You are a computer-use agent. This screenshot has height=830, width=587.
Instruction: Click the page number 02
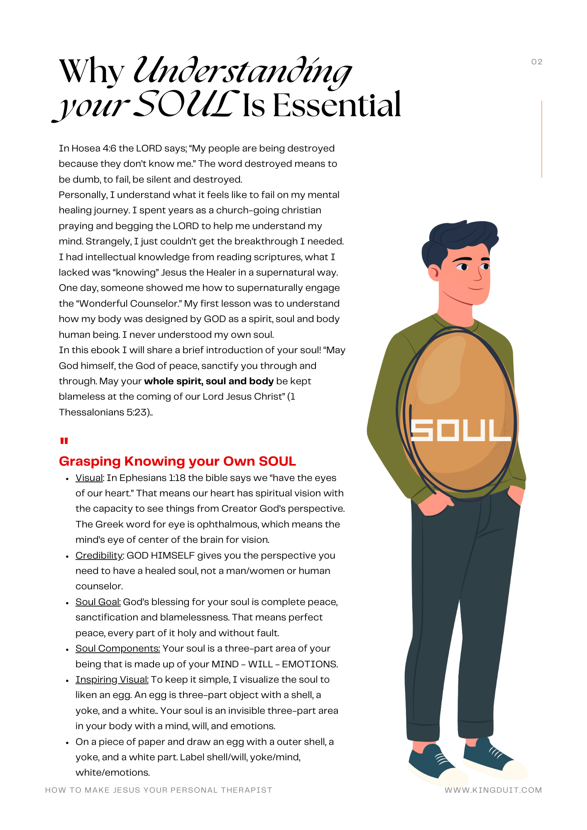coord(536,62)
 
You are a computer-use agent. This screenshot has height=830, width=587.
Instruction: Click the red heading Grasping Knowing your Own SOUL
coord(177,461)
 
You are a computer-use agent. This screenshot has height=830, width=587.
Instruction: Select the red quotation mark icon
coord(64,441)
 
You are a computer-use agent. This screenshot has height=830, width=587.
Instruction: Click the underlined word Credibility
coord(99,555)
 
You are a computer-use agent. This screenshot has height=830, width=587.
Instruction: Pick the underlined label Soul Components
coord(117,648)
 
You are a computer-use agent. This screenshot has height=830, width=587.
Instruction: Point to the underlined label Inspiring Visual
coord(112,679)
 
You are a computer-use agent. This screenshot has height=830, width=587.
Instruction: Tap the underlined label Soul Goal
coord(98,602)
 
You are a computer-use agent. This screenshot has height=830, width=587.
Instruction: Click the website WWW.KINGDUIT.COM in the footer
coord(493,790)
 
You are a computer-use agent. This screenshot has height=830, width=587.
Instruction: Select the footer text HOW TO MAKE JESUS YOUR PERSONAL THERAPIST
coord(159,790)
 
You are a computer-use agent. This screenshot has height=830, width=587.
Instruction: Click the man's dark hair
coord(457,239)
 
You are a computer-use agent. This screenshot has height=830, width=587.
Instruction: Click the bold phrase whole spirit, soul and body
coord(209,381)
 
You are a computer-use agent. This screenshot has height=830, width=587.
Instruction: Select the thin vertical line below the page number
coord(542,139)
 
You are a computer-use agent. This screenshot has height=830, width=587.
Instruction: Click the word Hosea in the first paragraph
coord(86,148)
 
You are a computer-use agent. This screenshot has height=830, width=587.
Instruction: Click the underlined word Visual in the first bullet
coord(89,478)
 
